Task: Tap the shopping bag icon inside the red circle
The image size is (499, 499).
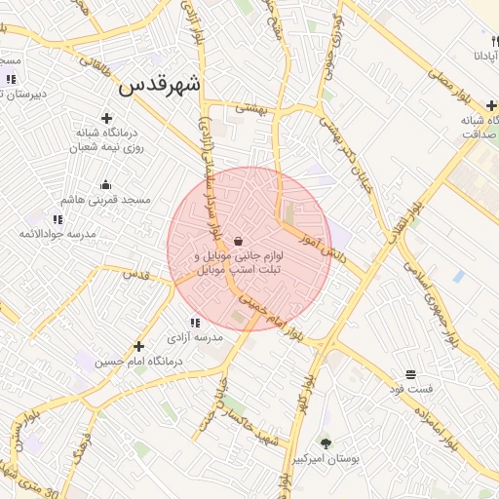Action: (239, 241)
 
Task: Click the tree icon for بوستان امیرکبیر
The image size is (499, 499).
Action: (325, 443)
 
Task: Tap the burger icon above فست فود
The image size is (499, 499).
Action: (410, 374)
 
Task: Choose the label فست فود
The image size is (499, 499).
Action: (410, 389)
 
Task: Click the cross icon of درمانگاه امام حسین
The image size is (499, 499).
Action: (138, 346)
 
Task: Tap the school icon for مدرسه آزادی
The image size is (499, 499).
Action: (195, 323)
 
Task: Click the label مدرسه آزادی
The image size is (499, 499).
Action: (195, 337)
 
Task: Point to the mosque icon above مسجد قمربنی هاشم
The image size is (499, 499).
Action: (106, 184)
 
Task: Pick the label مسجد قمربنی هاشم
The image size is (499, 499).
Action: (106, 200)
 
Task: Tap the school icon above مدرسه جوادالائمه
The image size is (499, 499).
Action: (56, 219)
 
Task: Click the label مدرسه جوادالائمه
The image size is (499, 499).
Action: (56, 235)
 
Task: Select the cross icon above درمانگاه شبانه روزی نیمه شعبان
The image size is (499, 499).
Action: (106, 117)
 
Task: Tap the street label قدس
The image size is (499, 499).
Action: (135, 275)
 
